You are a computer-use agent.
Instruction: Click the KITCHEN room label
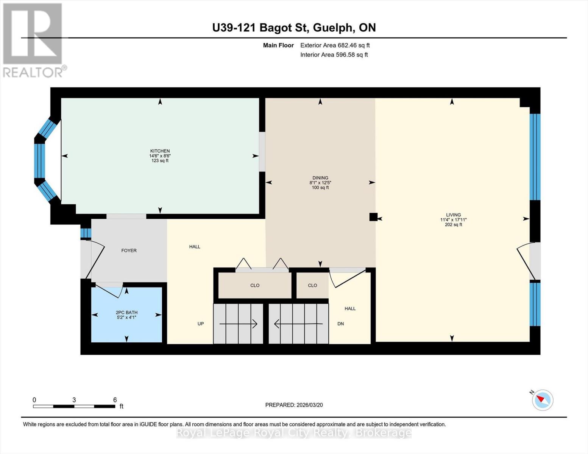(x=160, y=151)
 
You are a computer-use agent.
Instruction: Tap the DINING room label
(x=320, y=178)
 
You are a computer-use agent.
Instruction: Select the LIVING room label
(x=453, y=215)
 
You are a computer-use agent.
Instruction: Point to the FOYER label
(x=129, y=250)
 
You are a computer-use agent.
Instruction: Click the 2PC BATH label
(x=126, y=313)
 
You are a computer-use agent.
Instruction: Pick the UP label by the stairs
(x=201, y=324)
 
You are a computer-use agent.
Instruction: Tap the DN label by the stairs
(x=340, y=324)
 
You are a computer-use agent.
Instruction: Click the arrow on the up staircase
(x=239, y=324)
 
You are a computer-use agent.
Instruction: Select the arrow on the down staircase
(x=298, y=324)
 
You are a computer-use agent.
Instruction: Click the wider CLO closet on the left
(x=255, y=285)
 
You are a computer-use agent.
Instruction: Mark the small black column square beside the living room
(x=373, y=217)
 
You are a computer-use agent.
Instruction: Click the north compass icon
(x=542, y=400)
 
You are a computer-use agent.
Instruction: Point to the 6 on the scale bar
(x=115, y=400)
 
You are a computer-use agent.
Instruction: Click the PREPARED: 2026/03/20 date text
(x=294, y=405)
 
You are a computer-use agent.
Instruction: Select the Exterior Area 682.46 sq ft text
(x=335, y=45)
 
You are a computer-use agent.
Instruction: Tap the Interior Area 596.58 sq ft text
(x=334, y=55)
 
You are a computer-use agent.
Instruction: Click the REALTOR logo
(x=33, y=40)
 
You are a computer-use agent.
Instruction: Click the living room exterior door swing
(x=524, y=261)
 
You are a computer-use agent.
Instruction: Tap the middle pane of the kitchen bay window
(x=39, y=161)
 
